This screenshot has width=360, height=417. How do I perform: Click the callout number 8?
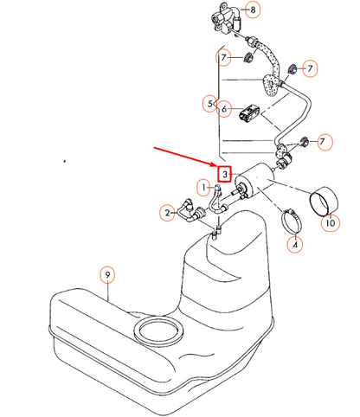253,10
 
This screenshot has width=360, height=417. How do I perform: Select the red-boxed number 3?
224,174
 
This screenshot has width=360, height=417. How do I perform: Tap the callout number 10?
331,223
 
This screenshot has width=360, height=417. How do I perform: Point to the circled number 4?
295,245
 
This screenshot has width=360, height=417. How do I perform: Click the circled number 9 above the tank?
107,275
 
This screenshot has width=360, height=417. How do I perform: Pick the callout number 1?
204,188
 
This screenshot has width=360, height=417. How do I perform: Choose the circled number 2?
167,213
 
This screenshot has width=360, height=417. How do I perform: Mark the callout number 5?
210,104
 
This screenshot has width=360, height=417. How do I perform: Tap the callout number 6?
224,109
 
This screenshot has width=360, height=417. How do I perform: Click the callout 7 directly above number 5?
223,58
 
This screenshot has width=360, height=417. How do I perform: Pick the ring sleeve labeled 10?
324,201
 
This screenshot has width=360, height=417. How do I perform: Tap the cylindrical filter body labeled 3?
254,180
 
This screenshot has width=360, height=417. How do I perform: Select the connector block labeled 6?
249,113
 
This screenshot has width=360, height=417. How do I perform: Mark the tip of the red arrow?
215,166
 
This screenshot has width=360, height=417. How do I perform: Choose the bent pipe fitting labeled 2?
190,211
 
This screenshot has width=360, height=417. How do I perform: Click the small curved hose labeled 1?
217,200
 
